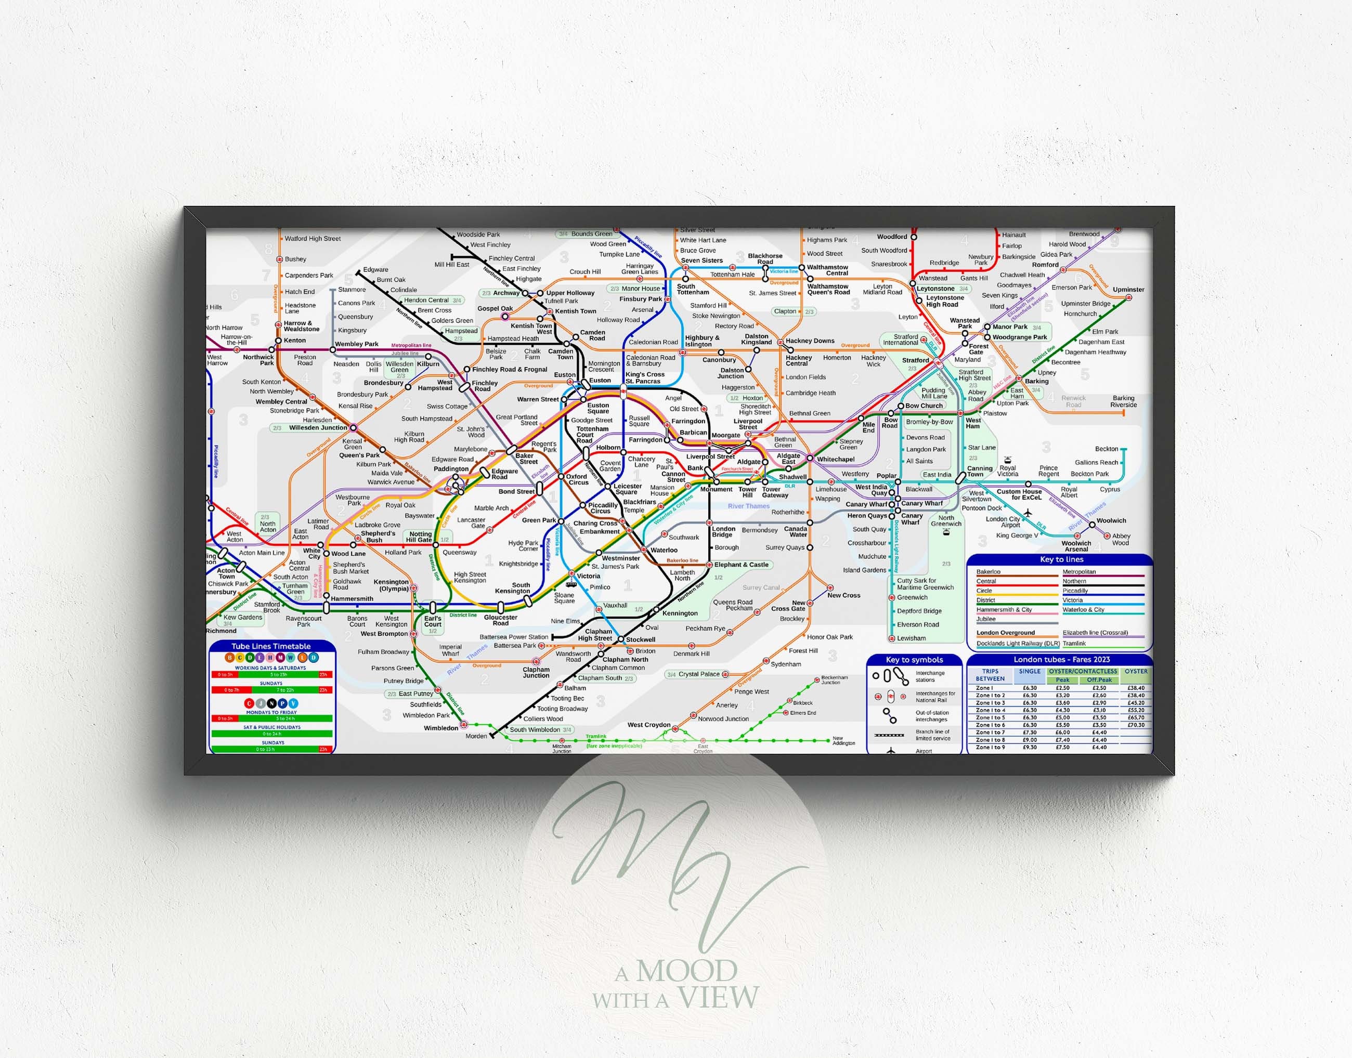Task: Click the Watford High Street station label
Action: point(313,239)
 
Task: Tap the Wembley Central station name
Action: point(281,401)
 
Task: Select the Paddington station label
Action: point(451,469)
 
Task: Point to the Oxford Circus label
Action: point(578,479)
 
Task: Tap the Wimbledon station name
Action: point(441,728)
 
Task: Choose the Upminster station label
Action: point(1128,289)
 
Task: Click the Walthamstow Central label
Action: point(828,270)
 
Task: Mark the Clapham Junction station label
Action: point(536,672)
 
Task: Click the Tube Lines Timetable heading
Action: point(271,646)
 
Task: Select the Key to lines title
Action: point(1061,559)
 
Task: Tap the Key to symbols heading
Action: point(914,660)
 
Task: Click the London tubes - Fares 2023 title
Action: point(1061,660)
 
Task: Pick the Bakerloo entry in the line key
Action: point(989,572)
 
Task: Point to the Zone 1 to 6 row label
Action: point(990,725)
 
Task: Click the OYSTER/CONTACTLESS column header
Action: point(1083,672)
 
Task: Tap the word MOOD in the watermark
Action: point(686,971)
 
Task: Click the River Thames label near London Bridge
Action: point(748,506)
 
